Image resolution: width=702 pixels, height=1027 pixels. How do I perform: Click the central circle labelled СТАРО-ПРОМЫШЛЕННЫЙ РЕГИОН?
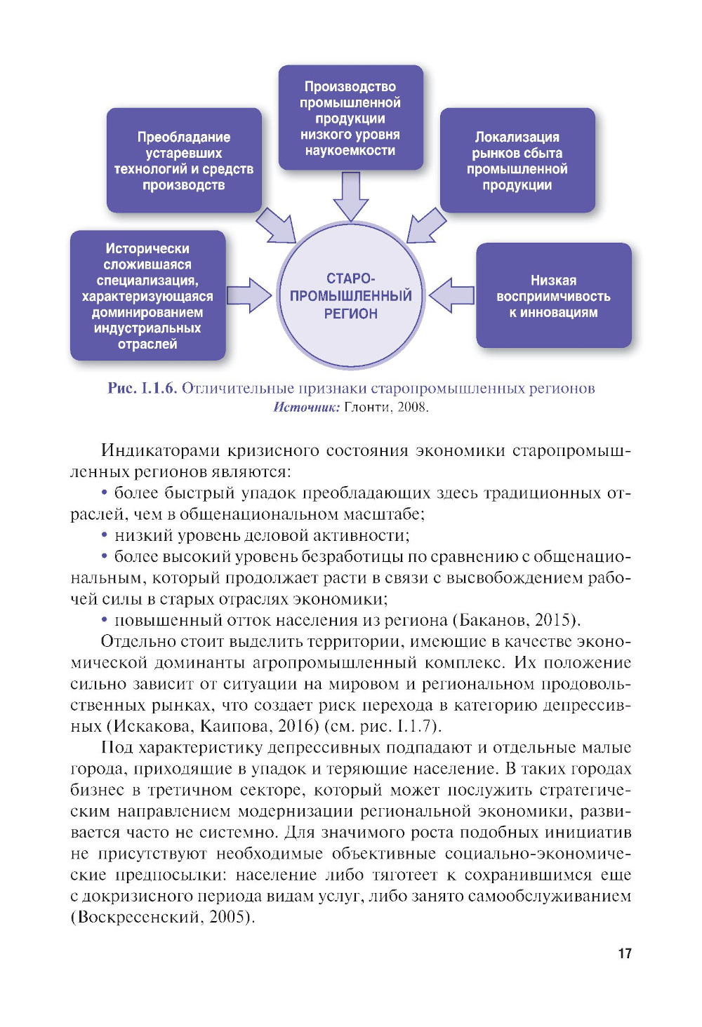(350, 295)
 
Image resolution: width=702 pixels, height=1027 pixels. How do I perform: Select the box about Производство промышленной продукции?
(350, 118)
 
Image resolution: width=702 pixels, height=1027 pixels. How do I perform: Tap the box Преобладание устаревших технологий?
(184, 161)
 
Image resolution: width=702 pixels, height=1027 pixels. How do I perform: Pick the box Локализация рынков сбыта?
(517, 161)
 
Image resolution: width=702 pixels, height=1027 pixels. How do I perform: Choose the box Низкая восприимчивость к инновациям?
(553, 296)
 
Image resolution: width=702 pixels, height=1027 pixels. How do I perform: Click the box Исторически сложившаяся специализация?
(147, 296)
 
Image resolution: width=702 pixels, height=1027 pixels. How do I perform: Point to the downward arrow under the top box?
(350, 196)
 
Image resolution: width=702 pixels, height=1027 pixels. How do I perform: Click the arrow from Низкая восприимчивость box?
(451, 295)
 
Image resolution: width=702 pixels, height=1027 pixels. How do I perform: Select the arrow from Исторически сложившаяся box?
(250, 295)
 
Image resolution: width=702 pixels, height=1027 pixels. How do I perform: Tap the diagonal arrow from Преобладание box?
(275, 225)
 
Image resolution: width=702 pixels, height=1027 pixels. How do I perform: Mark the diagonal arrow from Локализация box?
(426, 225)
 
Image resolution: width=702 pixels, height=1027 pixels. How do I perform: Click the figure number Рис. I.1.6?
(142, 389)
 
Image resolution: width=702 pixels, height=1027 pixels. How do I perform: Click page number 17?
(625, 953)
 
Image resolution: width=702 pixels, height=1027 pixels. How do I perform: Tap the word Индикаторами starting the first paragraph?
(151, 450)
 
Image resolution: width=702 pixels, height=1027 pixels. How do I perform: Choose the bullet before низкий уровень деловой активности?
(105, 536)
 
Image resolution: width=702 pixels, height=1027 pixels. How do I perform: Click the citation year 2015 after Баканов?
(555, 621)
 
